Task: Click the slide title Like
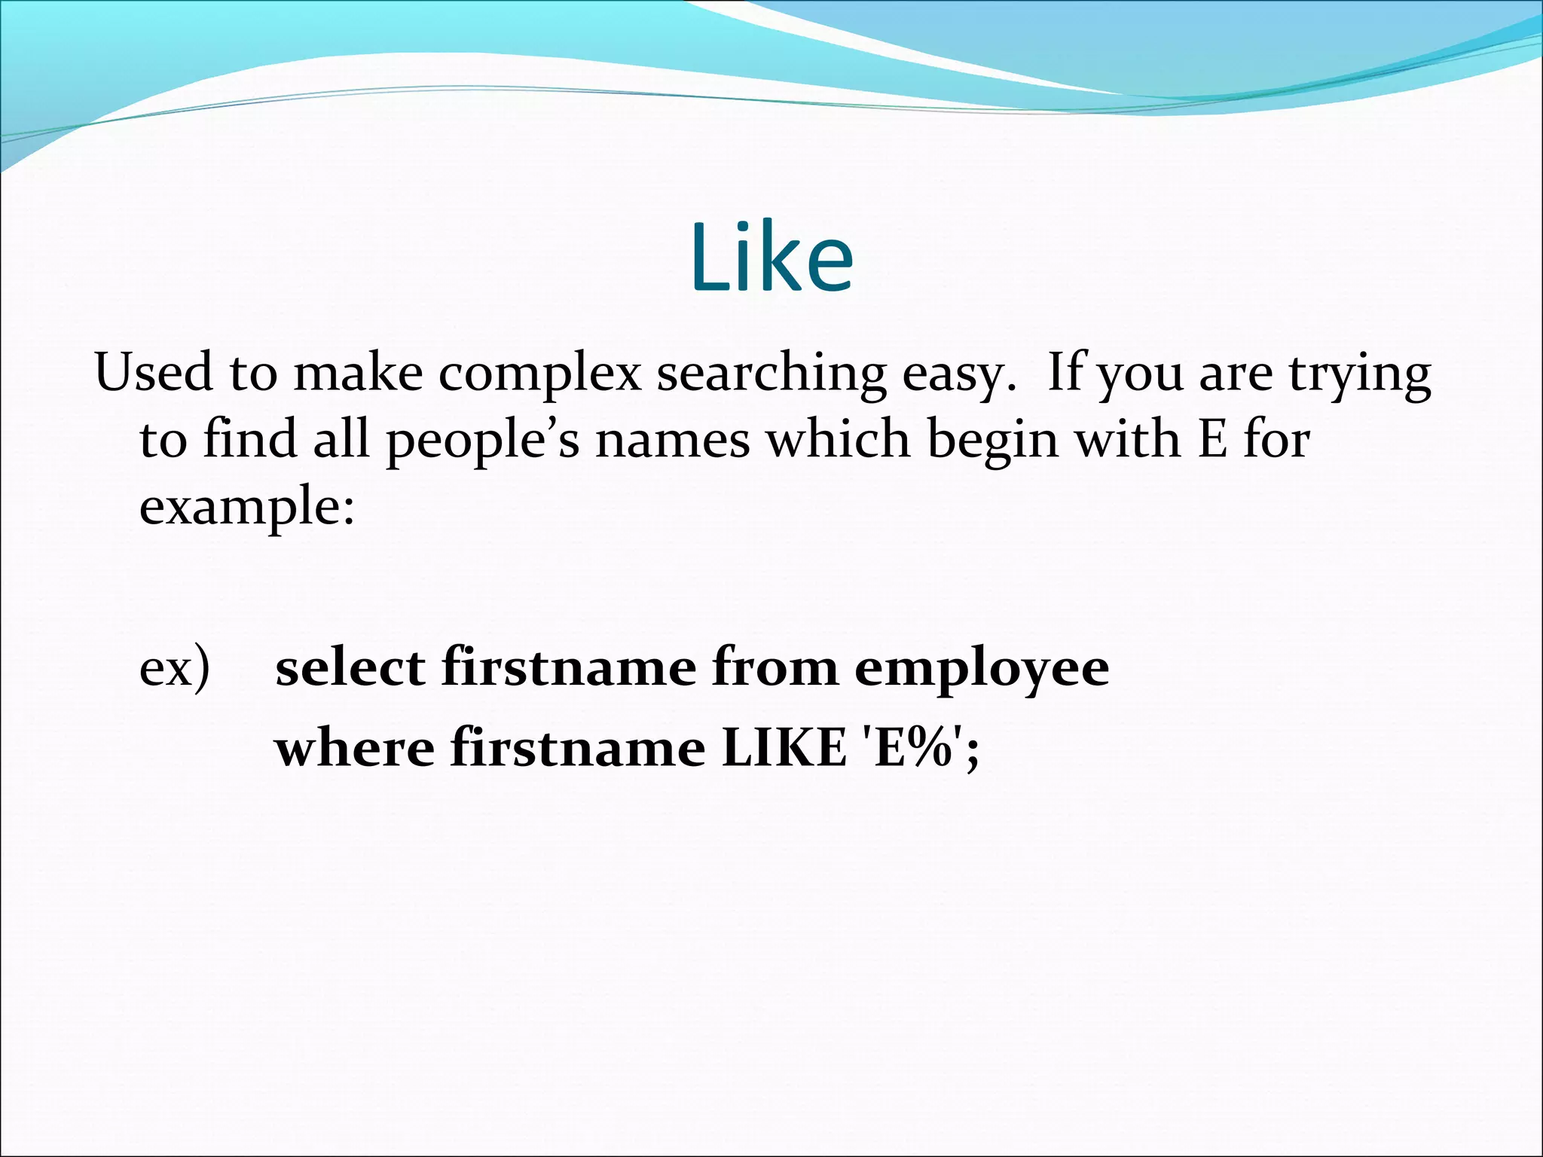(x=771, y=258)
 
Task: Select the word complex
(x=539, y=374)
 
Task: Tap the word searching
(x=771, y=374)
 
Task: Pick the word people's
(x=483, y=441)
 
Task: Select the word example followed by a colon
(x=246, y=507)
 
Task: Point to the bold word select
(x=350, y=667)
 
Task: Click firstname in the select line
(x=569, y=667)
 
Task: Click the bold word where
(x=354, y=748)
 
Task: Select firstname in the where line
(x=578, y=748)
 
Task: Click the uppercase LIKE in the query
(x=784, y=748)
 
